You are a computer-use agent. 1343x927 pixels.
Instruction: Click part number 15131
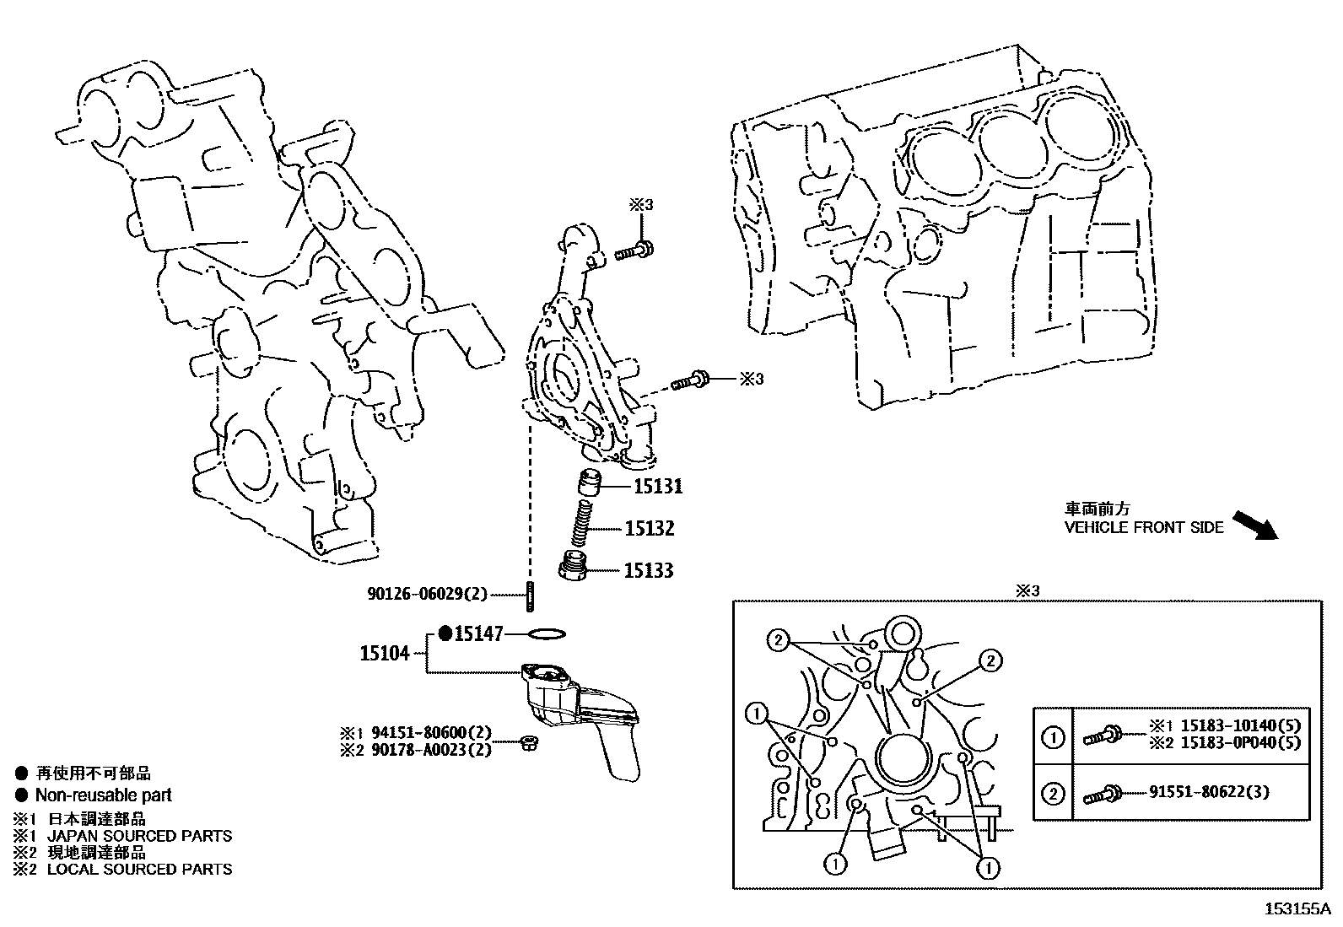tap(658, 487)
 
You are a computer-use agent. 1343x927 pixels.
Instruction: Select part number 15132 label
tap(649, 529)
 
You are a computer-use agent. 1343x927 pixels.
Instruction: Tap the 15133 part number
tap(648, 571)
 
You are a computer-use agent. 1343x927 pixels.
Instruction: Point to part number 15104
tap(385, 653)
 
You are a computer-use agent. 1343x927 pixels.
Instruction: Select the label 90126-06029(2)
tap(427, 594)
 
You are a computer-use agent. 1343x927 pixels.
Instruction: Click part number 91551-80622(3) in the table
tap(1209, 792)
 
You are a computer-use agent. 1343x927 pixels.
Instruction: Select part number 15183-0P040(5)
tap(1240, 742)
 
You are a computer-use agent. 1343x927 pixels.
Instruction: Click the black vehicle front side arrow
tap(1256, 524)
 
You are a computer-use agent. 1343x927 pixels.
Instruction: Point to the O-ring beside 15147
tap(547, 633)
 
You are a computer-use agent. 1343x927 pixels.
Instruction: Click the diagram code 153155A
tap(1297, 909)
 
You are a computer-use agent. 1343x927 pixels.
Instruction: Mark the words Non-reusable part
tap(103, 795)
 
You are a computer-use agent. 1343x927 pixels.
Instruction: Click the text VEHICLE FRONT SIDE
tap(1143, 528)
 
